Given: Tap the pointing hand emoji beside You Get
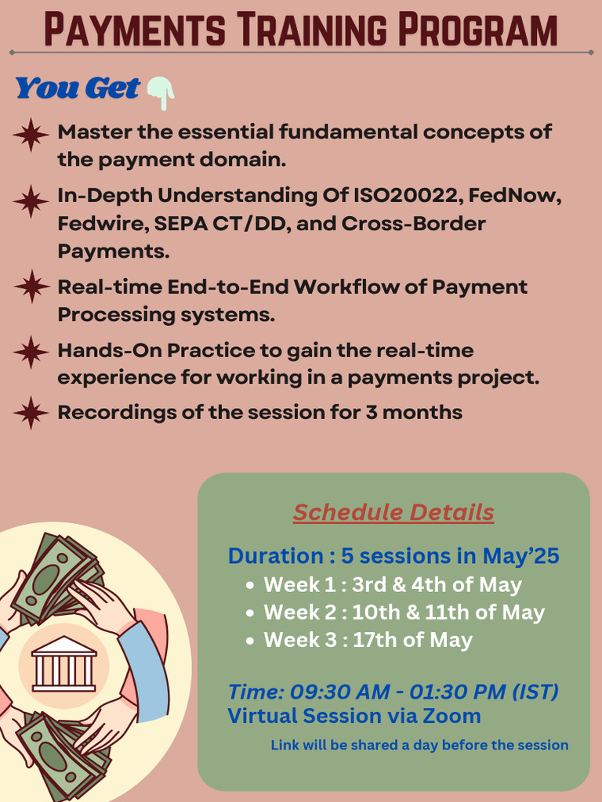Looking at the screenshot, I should click(160, 92).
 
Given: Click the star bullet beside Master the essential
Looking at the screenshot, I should click(31, 135).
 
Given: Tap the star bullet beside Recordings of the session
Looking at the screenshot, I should click(31, 413).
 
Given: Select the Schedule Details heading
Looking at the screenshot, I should click(393, 512).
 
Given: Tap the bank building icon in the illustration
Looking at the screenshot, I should click(63, 663).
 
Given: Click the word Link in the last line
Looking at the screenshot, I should click(285, 745).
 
